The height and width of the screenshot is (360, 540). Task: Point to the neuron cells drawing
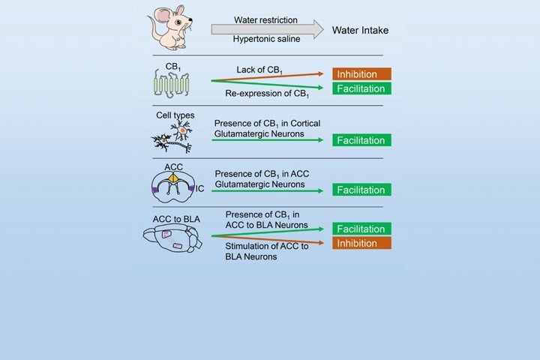(x=175, y=136)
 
